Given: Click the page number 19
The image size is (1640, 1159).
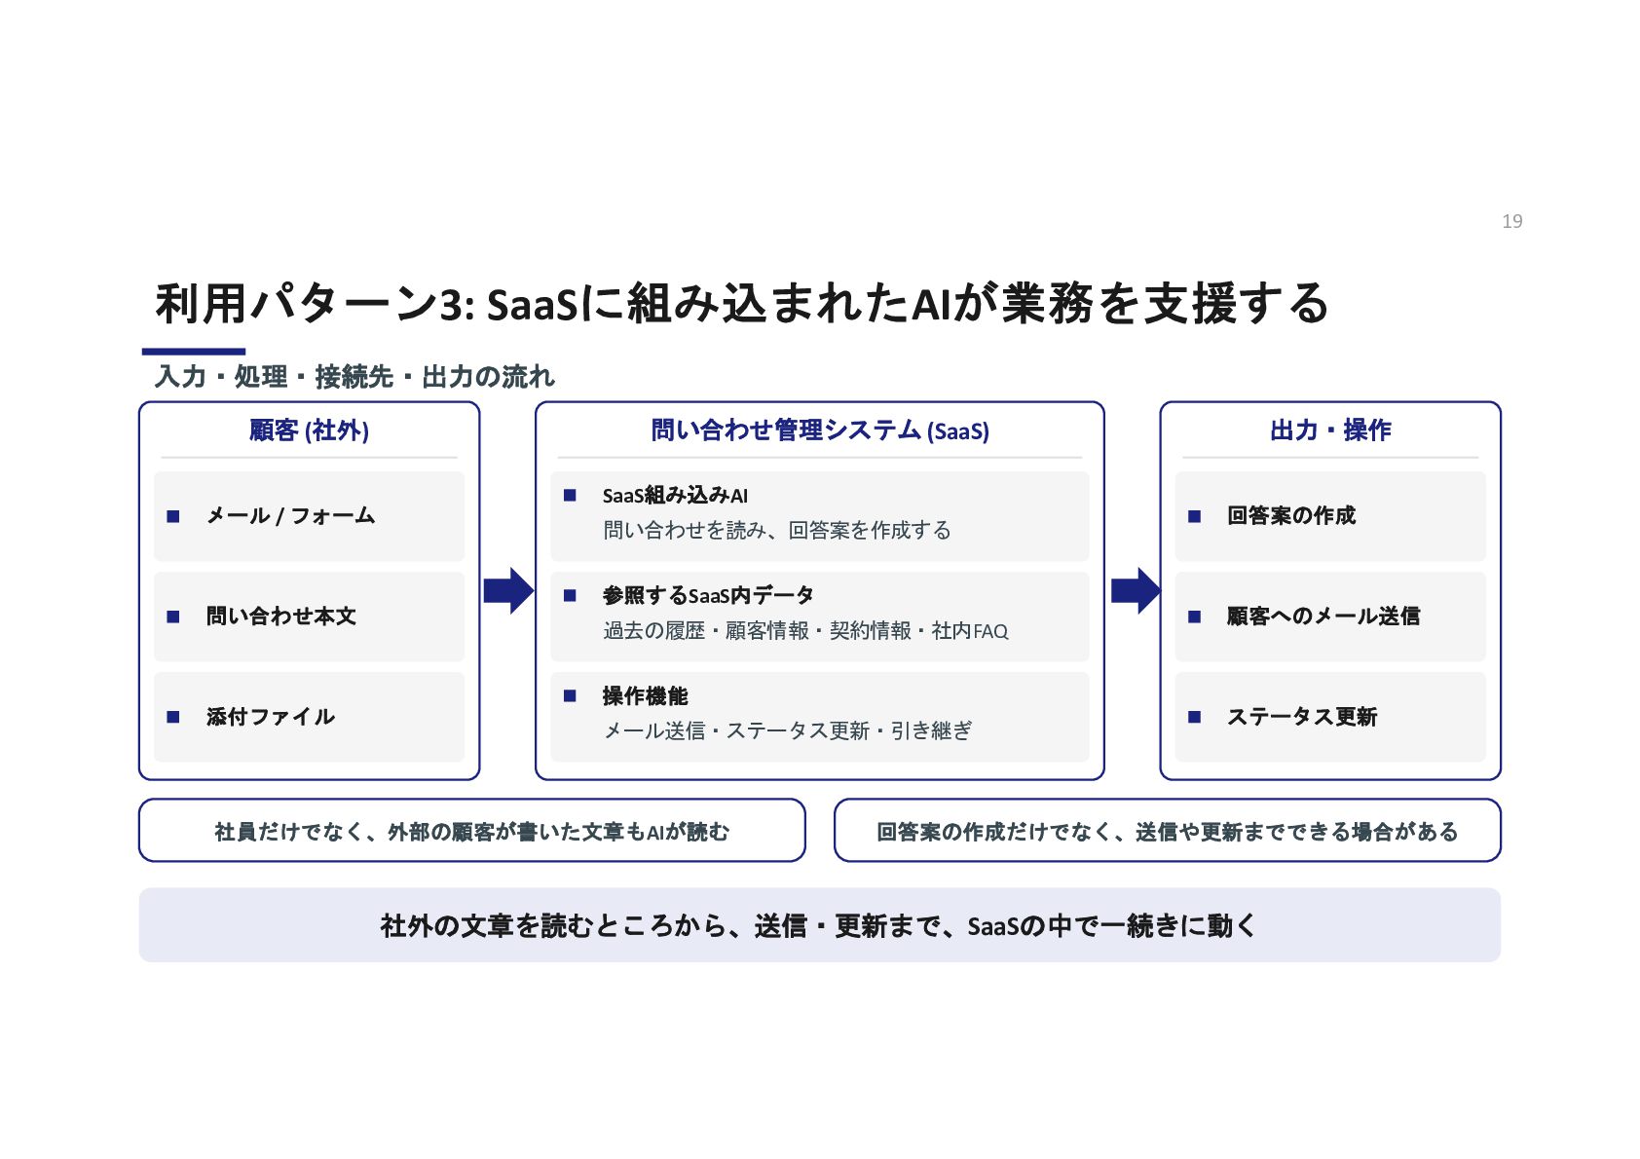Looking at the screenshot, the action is (1511, 221).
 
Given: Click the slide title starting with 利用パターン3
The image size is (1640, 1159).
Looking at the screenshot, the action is (742, 303).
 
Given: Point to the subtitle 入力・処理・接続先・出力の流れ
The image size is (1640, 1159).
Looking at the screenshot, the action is (354, 376).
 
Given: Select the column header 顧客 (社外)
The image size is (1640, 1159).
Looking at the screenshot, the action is (309, 430).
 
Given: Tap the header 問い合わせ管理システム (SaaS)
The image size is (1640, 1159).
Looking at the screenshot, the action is (819, 430).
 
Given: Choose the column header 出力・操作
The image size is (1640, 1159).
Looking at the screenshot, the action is (1330, 430).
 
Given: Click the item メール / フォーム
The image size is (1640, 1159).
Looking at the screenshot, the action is (290, 515).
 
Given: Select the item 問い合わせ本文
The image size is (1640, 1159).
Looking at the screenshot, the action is (281, 616).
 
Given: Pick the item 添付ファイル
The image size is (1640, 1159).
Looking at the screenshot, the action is (270, 716).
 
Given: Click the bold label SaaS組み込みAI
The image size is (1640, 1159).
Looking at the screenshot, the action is (675, 496).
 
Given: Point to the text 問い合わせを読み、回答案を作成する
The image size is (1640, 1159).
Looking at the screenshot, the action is (777, 530).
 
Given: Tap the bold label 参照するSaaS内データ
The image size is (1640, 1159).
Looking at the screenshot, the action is (708, 595).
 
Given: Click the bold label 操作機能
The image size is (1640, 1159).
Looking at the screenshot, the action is (645, 695).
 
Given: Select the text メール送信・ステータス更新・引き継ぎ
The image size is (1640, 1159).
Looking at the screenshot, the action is (788, 729).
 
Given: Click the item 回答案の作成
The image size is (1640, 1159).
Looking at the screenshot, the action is (1291, 515).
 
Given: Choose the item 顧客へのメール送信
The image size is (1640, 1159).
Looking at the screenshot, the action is (1323, 616).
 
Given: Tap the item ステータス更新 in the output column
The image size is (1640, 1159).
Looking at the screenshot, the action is (1302, 716).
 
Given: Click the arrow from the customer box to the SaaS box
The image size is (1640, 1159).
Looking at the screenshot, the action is (508, 590).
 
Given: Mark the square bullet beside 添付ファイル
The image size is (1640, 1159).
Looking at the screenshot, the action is (172, 717).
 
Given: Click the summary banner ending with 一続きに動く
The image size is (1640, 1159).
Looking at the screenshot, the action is (819, 925).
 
